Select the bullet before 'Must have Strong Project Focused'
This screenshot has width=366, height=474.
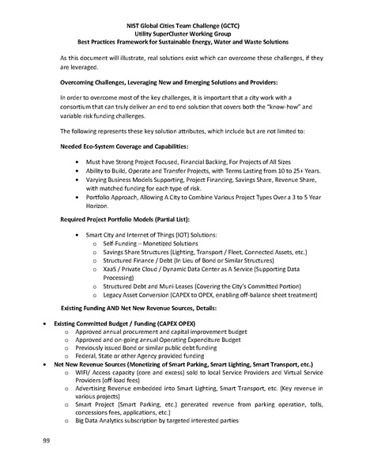click(x=77, y=161)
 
